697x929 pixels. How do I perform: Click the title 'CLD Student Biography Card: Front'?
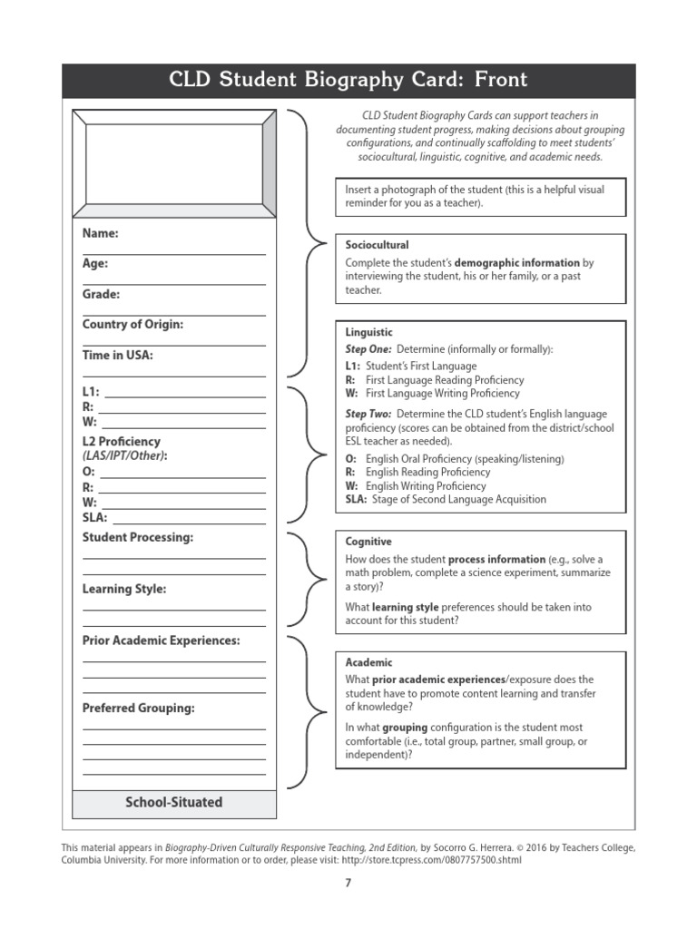(348, 80)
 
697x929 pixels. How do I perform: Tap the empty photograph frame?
(173, 161)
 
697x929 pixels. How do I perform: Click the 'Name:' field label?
(101, 233)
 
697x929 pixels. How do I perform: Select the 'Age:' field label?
(95, 264)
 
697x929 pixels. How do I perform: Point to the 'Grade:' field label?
(101, 294)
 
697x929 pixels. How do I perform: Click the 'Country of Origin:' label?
(133, 325)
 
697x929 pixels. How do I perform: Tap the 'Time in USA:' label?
(118, 356)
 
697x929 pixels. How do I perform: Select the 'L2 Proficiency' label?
(122, 441)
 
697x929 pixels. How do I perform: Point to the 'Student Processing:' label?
(138, 537)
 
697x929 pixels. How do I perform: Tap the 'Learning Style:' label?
(124, 589)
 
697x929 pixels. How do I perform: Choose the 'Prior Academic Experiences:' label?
(162, 641)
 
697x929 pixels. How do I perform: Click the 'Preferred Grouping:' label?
(139, 708)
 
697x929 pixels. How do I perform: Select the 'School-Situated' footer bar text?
(173, 802)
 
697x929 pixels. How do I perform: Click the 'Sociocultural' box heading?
(378, 245)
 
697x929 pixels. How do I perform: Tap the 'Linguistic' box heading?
(369, 333)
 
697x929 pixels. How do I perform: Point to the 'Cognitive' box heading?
(368, 542)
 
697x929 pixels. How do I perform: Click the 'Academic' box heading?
(369, 662)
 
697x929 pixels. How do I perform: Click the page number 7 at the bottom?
(348, 883)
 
